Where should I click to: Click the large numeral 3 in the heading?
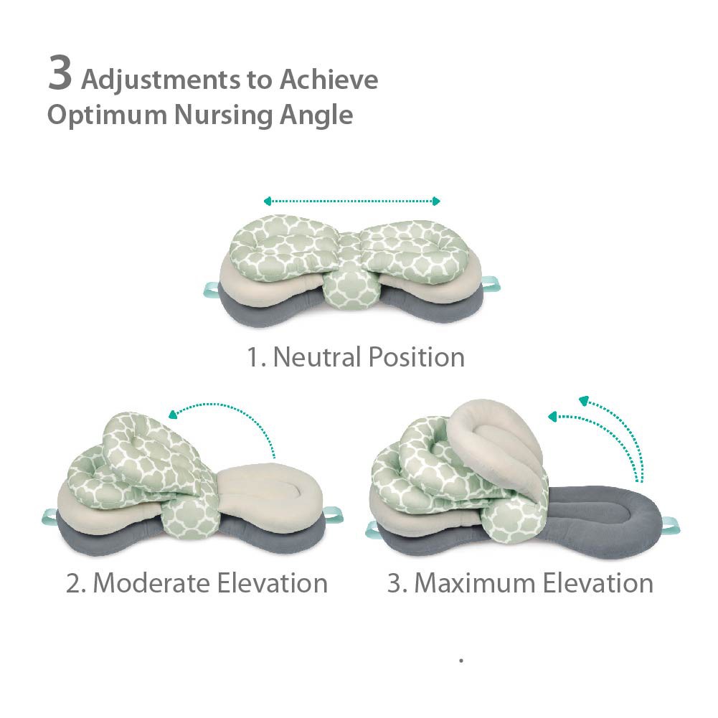[60, 75]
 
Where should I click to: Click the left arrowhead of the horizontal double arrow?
[267, 202]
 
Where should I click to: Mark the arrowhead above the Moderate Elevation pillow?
[173, 413]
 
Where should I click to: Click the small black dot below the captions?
[461, 660]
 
